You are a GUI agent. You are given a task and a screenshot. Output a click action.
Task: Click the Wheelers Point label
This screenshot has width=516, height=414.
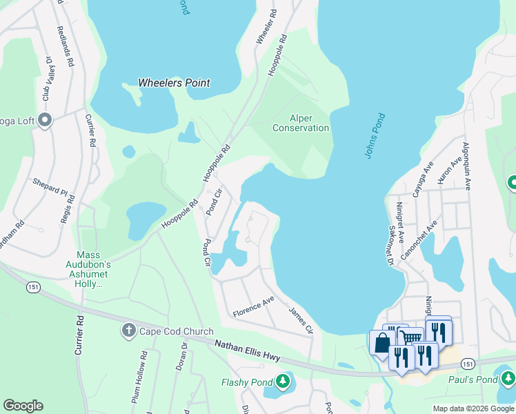(x=174, y=83)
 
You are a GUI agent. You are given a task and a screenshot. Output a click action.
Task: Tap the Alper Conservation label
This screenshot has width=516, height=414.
(x=300, y=123)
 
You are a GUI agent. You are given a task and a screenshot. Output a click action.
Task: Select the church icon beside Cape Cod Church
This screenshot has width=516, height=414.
(x=128, y=331)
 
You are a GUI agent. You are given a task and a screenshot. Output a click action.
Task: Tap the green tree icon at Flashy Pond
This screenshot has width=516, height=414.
(x=283, y=381)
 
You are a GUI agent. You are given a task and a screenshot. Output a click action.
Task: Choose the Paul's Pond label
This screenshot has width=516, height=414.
(x=477, y=379)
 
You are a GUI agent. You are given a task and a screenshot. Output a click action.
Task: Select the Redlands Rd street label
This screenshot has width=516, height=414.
(x=68, y=47)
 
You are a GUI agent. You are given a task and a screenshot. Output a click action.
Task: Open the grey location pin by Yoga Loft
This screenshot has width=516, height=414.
(x=46, y=121)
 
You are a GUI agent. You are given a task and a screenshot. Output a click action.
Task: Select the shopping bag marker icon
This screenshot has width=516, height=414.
(x=382, y=343)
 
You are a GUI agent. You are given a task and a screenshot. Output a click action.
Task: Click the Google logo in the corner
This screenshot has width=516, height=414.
(x=23, y=406)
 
